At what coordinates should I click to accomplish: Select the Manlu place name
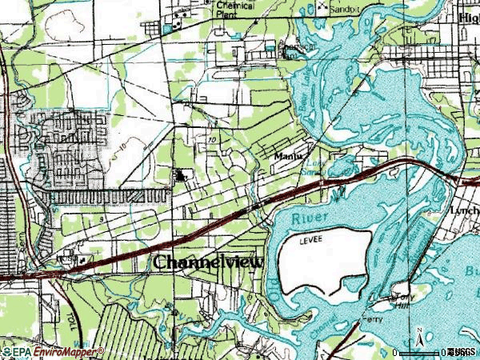(x=287, y=157)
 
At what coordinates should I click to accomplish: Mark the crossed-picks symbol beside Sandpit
(x=324, y=7)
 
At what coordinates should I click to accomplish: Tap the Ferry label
(x=370, y=318)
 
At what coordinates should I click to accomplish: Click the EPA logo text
(x=15, y=352)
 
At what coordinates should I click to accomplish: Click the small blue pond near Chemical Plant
(x=167, y=30)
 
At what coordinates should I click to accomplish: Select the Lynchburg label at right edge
(x=465, y=209)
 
